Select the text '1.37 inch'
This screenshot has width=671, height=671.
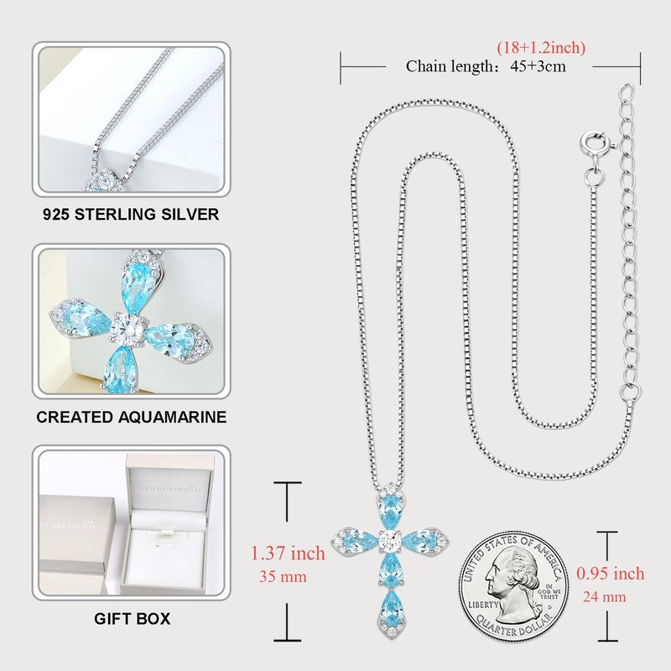pos(289,553)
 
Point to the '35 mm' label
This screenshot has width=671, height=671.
pos(283,576)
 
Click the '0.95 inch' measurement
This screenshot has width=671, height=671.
pos(610,574)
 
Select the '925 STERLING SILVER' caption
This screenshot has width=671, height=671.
pos(131,214)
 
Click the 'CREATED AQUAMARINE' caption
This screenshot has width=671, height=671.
pos(131,417)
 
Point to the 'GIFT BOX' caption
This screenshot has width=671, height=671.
pos(131,619)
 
